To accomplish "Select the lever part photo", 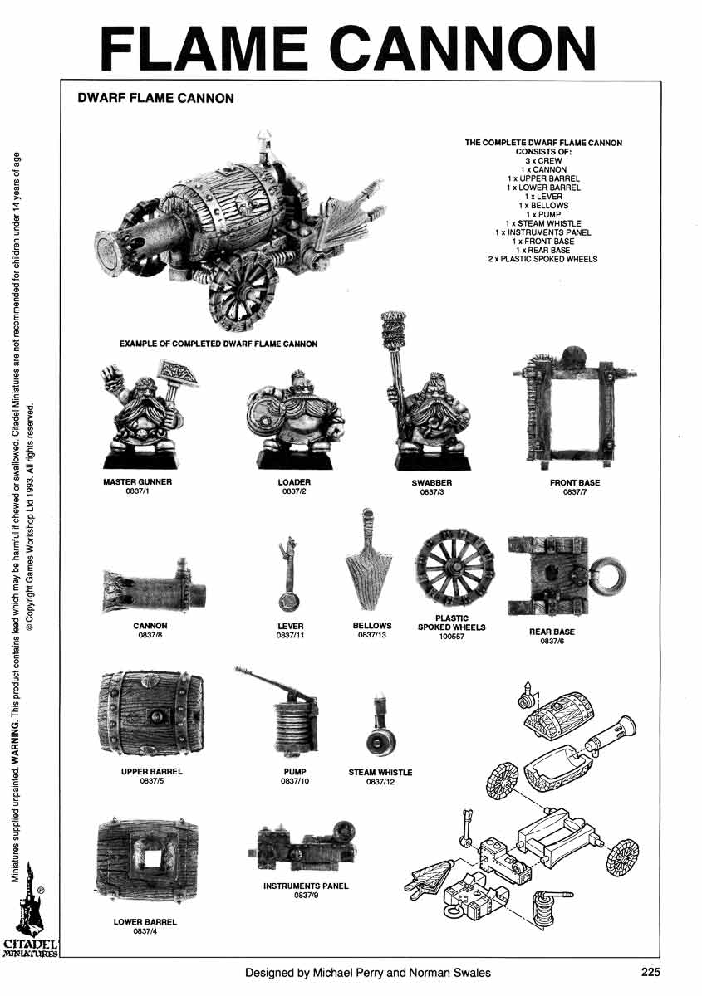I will [290, 577].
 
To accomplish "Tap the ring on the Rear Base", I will [608, 574].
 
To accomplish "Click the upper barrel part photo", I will [150, 715].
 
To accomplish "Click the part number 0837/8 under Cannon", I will [150, 636].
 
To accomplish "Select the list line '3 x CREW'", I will [543, 161].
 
